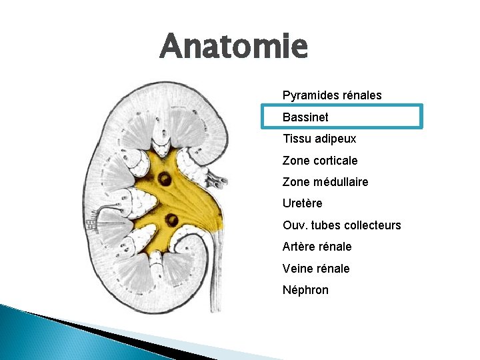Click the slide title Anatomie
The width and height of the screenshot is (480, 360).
pos(233,47)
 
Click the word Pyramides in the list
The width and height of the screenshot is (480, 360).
pos(307,95)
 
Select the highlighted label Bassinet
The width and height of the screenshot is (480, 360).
pos(305,117)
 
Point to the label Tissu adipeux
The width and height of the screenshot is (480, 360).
pos(319,139)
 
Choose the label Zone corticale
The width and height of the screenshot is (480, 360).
pos(320,161)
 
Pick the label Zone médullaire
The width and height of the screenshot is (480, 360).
pos(325,182)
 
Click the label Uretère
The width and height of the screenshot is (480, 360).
pos(302,203)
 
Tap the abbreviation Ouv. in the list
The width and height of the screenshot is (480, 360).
pos(293,225)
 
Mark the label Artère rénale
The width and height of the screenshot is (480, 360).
pos(317,247)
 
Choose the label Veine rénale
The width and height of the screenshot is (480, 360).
pos(316,269)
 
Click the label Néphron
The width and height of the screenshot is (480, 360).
pos(305,290)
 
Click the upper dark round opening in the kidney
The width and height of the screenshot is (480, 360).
pos(163,179)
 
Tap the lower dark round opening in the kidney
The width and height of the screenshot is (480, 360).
pos(172,220)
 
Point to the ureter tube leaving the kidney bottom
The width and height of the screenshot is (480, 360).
pos(215,280)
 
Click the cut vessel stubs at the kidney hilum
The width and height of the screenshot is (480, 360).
pos(216,178)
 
